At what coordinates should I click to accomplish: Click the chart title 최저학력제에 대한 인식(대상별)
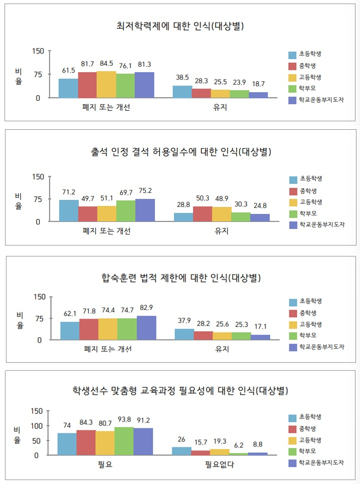pos(180,26)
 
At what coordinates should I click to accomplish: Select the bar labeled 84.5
pos(106,85)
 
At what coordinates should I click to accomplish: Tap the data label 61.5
pos(69,71)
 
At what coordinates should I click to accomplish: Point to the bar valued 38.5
pos(183,92)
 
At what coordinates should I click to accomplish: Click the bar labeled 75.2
pos(145,210)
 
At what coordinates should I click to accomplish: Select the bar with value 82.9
pos(146,328)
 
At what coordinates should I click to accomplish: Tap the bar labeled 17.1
pos(260,337)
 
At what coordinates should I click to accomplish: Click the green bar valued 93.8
pos(124,441)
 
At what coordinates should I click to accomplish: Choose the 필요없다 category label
pos(220,464)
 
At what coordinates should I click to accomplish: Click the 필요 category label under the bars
pos(105,464)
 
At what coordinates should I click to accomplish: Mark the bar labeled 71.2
pos(69,210)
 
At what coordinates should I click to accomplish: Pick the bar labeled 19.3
pos(220,452)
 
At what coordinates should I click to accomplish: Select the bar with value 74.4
pos(108,329)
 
